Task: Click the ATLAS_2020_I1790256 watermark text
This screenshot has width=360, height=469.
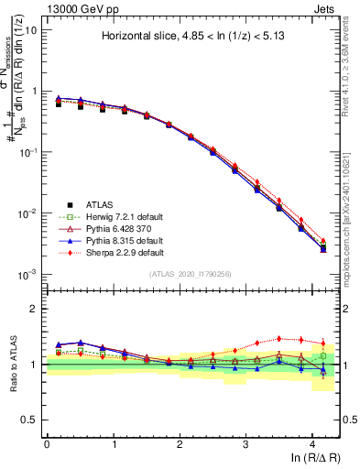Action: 190,274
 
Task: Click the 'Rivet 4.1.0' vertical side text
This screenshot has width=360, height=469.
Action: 351,69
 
